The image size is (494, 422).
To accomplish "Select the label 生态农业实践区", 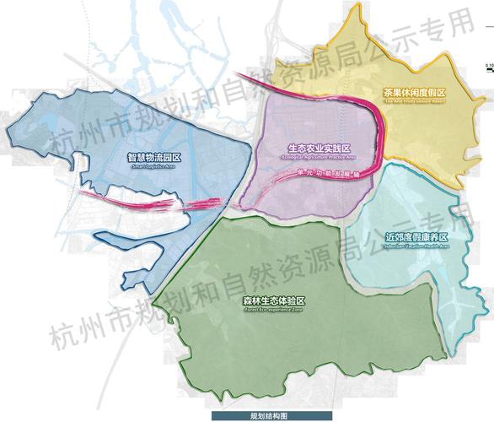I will (319, 147).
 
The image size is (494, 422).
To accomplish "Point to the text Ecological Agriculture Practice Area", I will (319, 156).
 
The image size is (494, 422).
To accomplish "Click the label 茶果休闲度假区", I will (413, 92).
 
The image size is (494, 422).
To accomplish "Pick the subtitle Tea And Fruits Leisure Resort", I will (413, 100).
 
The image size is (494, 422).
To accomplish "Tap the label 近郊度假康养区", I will (414, 237).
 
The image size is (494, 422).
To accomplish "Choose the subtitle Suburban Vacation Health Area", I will (414, 246).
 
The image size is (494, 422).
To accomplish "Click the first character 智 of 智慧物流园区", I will (132, 157).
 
